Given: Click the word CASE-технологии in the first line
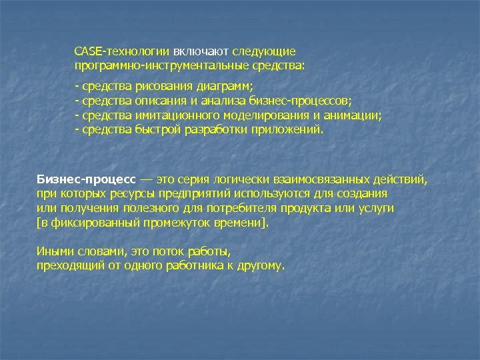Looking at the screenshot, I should [122, 51].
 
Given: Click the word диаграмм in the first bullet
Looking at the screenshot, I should [225, 87].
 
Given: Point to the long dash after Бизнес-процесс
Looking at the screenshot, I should [145, 180].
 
